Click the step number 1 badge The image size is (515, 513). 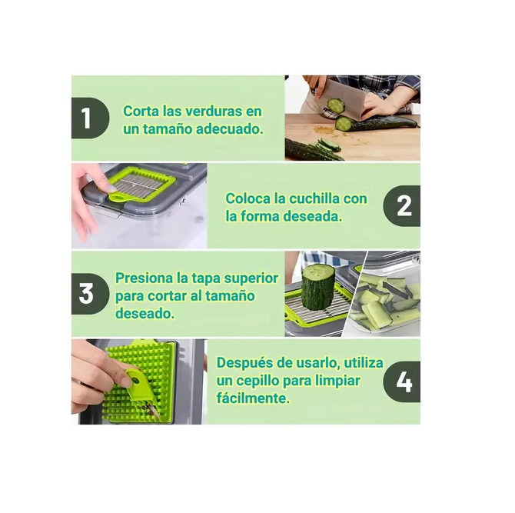click(90, 118)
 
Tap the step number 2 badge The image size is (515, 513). click(402, 205)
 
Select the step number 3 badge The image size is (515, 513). click(90, 294)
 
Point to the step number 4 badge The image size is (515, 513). click(402, 381)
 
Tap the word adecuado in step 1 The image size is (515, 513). click(230, 128)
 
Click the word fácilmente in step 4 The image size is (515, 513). click(253, 398)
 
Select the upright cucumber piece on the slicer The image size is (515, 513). click(317, 287)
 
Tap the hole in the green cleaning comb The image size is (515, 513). click(135, 381)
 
